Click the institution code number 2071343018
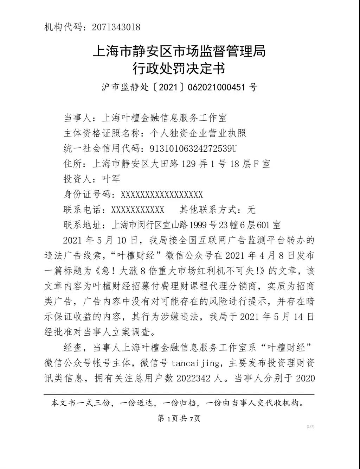click(116, 27)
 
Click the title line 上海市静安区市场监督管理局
click(179, 51)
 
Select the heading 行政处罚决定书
click(179, 68)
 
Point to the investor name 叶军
click(111, 179)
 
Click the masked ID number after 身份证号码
click(162, 195)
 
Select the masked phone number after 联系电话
click(137, 210)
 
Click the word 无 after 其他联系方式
click(251, 210)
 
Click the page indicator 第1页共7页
click(179, 418)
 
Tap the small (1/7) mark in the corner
click(310, 426)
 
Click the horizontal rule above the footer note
click(179, 394)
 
